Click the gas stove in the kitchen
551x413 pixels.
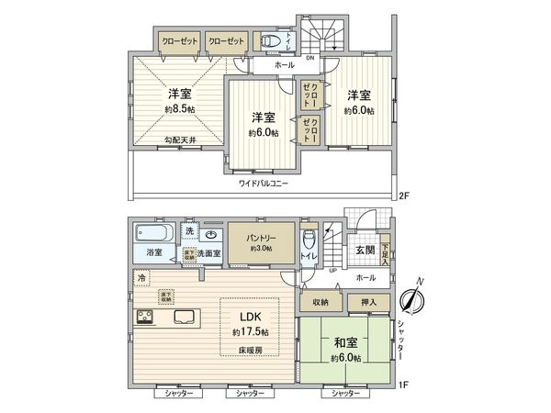click(x=146, y=318)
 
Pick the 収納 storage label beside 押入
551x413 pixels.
click(x=320, y=301)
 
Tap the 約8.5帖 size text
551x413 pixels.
click(x=178, y=109)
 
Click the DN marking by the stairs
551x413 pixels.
click(x=309, y=57)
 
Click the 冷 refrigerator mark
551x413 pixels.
click(x=141, y=276)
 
